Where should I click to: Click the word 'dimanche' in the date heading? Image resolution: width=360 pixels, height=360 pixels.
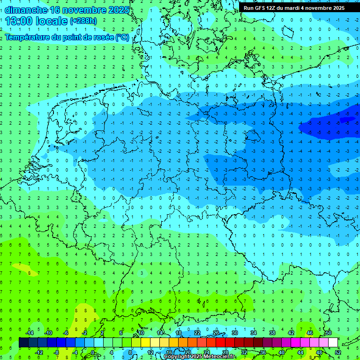click(26, 9)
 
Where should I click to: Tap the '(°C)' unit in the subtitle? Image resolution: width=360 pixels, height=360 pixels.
click(122, 37)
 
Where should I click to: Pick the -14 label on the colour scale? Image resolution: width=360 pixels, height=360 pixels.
click(30, 333)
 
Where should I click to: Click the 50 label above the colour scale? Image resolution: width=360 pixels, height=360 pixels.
click(328, 333)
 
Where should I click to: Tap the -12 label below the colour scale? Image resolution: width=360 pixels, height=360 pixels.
click(39, 352)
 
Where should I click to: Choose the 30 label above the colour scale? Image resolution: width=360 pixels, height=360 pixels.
click(234, 333)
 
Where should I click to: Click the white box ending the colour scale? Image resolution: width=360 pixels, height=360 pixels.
click(333, 342)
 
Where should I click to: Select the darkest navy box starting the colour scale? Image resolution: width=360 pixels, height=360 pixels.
click(23, 342)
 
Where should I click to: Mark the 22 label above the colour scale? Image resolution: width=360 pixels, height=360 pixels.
click(197, 333)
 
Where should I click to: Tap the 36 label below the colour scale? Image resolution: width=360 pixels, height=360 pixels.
click(263, 352)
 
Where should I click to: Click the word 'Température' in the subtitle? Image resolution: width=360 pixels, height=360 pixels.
click(27, 37)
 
